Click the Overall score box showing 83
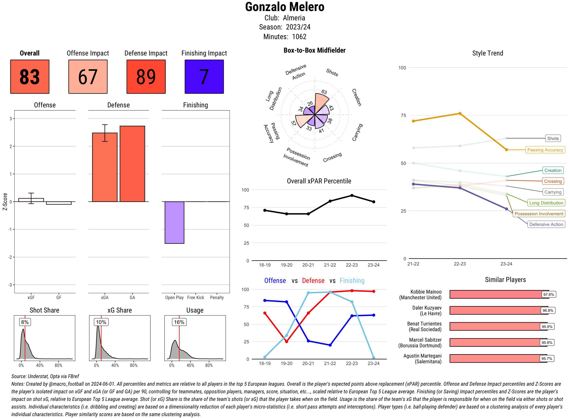coord(30,77)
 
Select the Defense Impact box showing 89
coord(146,77)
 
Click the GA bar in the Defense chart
coord(132,164)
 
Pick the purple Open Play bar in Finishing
coord(174,222)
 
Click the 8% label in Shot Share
coord(25,322)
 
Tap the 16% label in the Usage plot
coord(179,322)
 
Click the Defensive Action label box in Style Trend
coord(546,224)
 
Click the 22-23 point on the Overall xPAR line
coord(352,196)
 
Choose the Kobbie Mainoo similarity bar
coord(499,294)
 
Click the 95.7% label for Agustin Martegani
coord(546,359)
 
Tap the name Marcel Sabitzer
coord(425,340)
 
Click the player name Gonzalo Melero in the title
coord(285,7)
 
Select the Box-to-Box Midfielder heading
coord(314,50)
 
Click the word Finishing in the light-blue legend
coord(352,281)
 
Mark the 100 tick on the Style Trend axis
coord(402,68)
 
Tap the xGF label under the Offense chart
coord(31,298)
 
